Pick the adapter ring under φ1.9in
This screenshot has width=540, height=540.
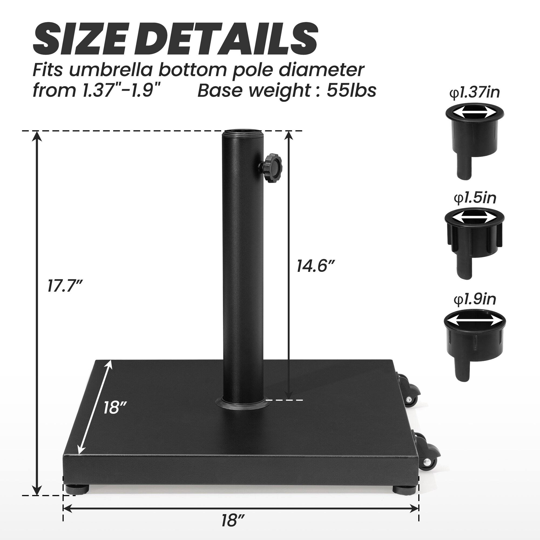(x=475, y=344)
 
